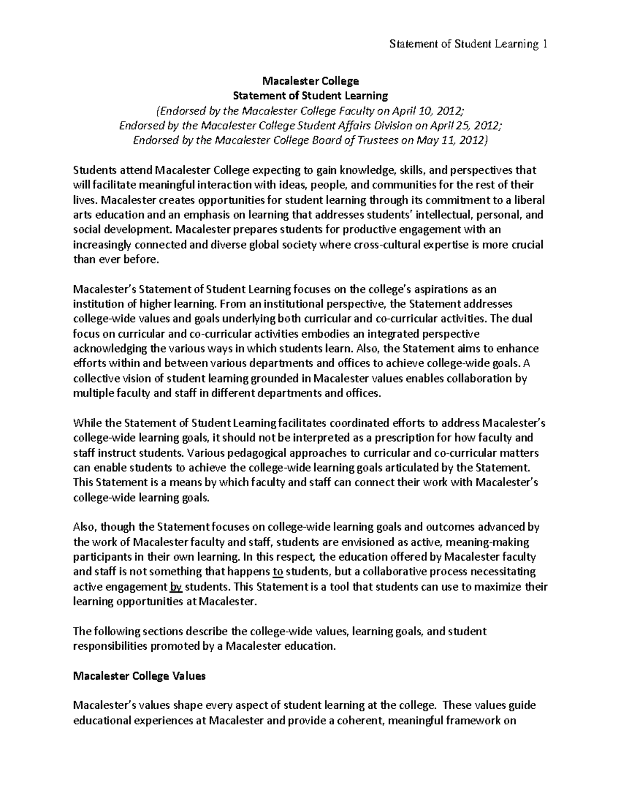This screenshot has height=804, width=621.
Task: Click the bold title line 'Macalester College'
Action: [310, 81]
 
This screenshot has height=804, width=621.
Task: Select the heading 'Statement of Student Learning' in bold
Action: [310, 95]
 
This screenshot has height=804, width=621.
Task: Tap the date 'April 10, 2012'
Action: [433, 110]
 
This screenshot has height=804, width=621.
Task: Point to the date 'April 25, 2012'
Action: [469, 125]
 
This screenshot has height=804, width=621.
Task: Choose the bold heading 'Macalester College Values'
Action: [140, 676]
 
